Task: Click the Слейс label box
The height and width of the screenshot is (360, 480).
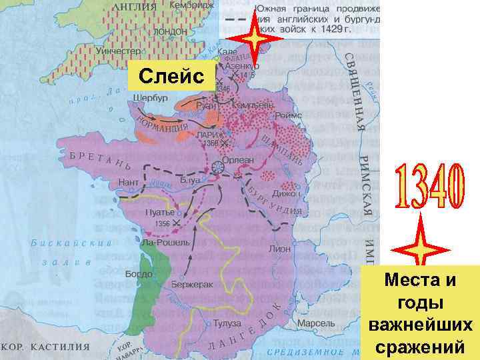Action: [x=173, y=77]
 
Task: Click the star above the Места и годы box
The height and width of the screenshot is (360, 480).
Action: [x=419, y=249]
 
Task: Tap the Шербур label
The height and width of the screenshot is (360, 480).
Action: [x=150, y=97]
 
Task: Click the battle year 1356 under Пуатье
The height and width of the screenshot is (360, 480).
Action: [x=161, y=223]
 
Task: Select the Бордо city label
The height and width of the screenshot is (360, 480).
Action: [x=139, y=274]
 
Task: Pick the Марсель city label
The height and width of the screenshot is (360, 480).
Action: [x=311, y=323]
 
